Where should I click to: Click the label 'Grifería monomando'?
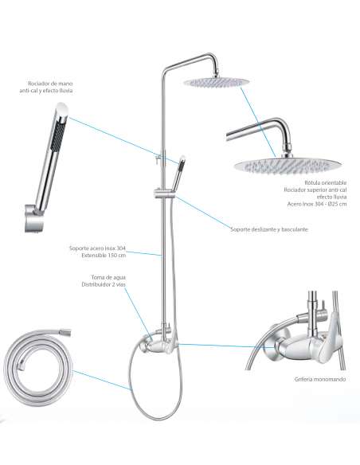pos(320,379)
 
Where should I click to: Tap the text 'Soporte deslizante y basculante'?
pos(269,229)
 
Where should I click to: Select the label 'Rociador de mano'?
pos(50,84)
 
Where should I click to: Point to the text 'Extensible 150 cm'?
pos(104,255)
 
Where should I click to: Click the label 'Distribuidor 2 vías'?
pos(104,284)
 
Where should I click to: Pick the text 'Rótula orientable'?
pos(326,182)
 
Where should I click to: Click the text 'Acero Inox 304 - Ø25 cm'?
pos(317,204)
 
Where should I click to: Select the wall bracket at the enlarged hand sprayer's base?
pos(33,219)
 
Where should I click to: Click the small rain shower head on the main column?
pos(217,82)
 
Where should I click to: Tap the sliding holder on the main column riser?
pos(165,193)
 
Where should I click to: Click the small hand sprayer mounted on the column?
pos(180,172)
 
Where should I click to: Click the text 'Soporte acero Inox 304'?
pos(97,248)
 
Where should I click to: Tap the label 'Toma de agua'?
pos(108,277)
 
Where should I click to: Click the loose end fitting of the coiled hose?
pos(65,332)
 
